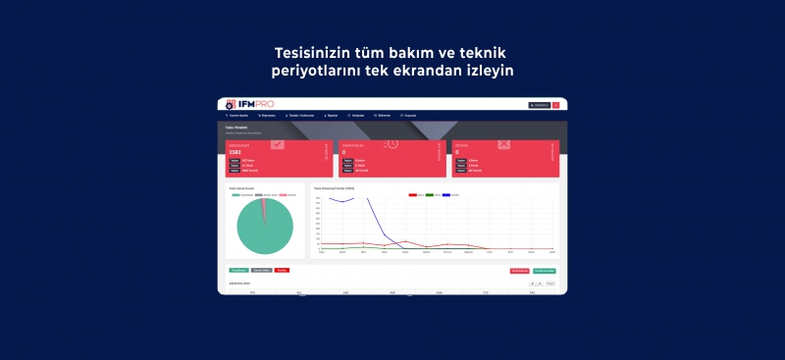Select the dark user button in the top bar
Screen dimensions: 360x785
tap(539, 105)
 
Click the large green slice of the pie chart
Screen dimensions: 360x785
tap(263, 231)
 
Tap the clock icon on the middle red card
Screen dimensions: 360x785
tap(391, 144)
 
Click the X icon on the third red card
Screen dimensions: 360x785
tap(504, 144)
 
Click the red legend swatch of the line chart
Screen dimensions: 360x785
tap(412, 195)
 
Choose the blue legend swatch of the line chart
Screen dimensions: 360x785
tap(446, 195)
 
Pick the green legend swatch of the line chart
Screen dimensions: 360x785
tap(430, 195)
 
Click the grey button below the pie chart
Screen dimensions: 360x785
tap(261, 269)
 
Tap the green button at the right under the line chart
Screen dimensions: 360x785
tap(545, 270)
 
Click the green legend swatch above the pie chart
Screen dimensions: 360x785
tap(236, 195)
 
